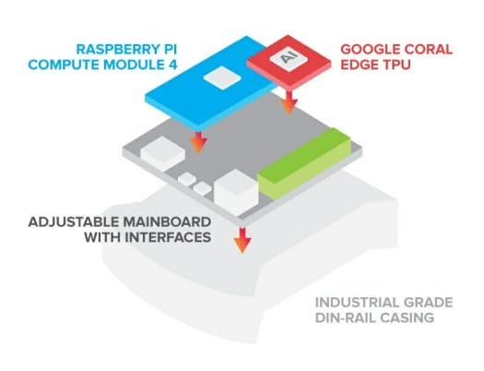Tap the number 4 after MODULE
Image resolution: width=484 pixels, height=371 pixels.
pos(173,65)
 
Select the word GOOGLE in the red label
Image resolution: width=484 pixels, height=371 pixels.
pos(366,50)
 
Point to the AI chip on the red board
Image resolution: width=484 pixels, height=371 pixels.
pos(289,56)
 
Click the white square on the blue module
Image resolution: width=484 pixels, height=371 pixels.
pos(222,78)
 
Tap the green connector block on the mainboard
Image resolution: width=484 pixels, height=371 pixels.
pos(303,162)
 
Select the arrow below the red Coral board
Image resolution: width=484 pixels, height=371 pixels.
pos(289,101)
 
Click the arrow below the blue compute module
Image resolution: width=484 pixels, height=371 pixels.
pos(198,141)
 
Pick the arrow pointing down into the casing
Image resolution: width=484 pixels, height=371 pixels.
pos(242,240)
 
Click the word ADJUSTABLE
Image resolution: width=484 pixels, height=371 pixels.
pos(73,222)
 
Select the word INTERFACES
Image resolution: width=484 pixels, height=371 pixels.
pos(168,237)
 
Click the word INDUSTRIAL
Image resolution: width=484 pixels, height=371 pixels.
pos(357,303)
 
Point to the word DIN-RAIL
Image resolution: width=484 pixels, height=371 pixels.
pos(345,317)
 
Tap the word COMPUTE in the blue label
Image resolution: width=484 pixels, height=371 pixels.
pos(64,65)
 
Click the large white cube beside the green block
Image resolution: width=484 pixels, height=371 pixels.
pos(236,192)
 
